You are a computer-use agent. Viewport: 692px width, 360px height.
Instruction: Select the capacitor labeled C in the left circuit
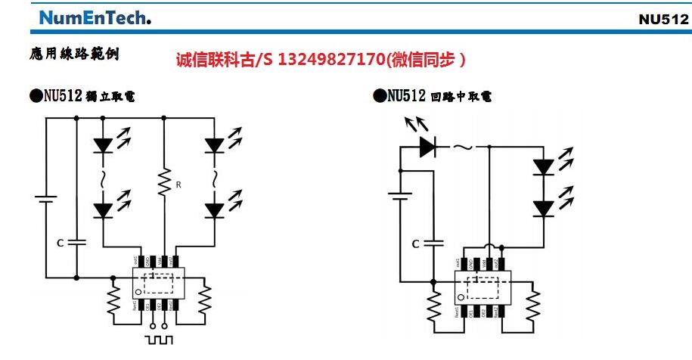pyautogui.click(x=76, y=243)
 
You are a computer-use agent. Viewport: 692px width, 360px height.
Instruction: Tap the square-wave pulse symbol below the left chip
pyautogui.click(x=160, y=339)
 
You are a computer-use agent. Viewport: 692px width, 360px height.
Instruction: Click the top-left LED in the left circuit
pyautogui.click(x=104, y=143)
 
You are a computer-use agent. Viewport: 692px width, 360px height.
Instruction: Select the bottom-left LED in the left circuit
pyautogui.click(x=104, y=209)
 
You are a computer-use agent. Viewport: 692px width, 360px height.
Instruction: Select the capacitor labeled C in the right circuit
pyautogui.click(x=433, y=243)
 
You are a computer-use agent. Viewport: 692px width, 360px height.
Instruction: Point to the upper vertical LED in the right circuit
pyautogui.click(x=542, y=166)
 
